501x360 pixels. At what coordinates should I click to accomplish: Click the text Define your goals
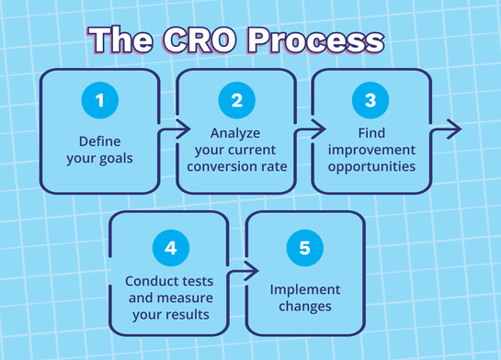100,150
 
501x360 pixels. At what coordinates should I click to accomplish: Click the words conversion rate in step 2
236,166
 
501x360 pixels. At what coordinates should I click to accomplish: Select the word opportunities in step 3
371,166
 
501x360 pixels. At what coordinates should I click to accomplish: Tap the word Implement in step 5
304,288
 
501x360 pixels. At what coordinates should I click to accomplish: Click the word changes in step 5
304,305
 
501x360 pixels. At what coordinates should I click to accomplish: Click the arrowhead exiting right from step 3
455,129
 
